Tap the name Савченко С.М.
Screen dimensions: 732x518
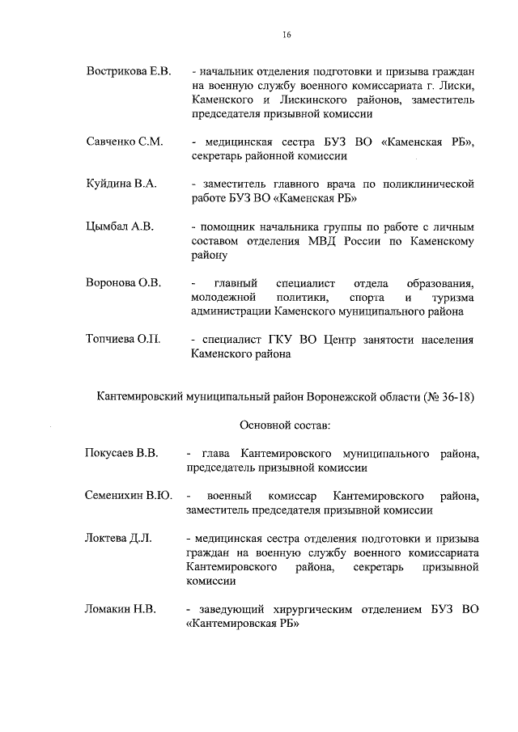pyautogui.click(x=125, y=142)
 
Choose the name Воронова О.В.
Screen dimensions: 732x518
pyautogui.click(x=123, y=282)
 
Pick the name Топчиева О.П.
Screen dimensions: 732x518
pyautogui.click(x=123, y=339)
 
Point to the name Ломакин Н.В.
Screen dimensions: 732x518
pyautogui.click(x=121, y=607)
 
